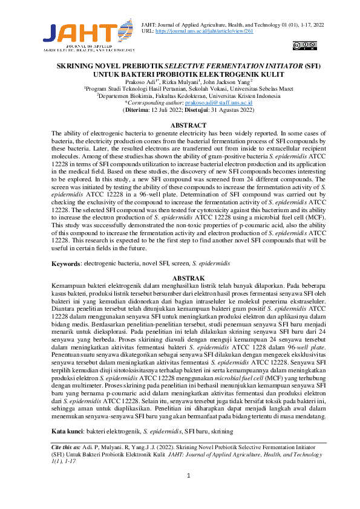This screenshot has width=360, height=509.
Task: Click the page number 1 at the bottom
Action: pos(189,476)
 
